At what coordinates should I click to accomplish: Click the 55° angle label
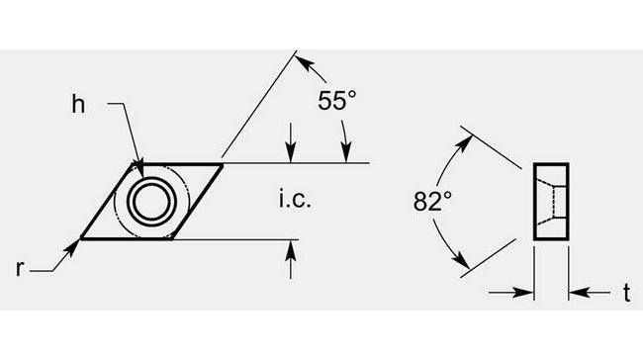click(x=336, y=100)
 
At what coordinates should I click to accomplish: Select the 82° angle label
click(x=432, y=201)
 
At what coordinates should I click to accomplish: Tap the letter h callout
click(x=78, y=104)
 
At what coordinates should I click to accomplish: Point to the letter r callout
click(x=19, y=268)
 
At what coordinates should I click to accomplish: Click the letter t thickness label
click(x=626, y=293)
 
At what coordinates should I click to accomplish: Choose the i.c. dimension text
click(x=295, y=200)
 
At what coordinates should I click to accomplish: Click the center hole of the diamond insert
click(x=151, y=202)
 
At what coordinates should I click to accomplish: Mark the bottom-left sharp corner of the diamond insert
click(x=80, y=238)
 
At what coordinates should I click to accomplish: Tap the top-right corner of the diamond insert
click(x=223, y=164)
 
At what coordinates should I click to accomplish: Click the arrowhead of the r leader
click(x=73, y=247)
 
